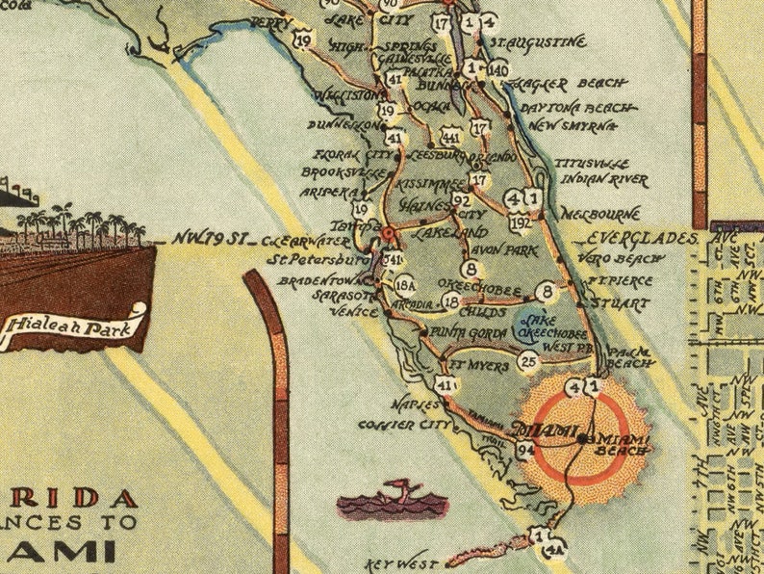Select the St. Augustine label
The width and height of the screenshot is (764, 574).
pyautogui.click(x=538, y=42)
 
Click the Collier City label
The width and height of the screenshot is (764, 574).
pyautogui.click(x=404, y=424)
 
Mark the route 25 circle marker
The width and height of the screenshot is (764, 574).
pyautogui.click(x=527, y=361)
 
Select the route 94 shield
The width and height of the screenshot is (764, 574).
pyautogui.click(x=525, y=449)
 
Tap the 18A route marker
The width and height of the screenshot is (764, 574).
pyautogui.click(x=405, y=286)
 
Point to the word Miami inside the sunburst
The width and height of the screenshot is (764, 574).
pyautogui.click(x=546, y=429)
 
